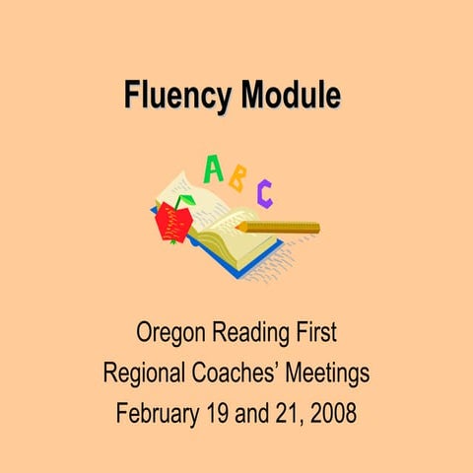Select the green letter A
(x=212, y=169)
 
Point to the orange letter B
(x=237, y=178)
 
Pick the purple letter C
(x=264, y=192)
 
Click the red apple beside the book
(x=172, y=224)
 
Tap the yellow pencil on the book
(x=281, y=227)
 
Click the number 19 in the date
(x=219, y=412)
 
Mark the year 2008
(x=332, y=412)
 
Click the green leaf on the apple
(x=183, y=202)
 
